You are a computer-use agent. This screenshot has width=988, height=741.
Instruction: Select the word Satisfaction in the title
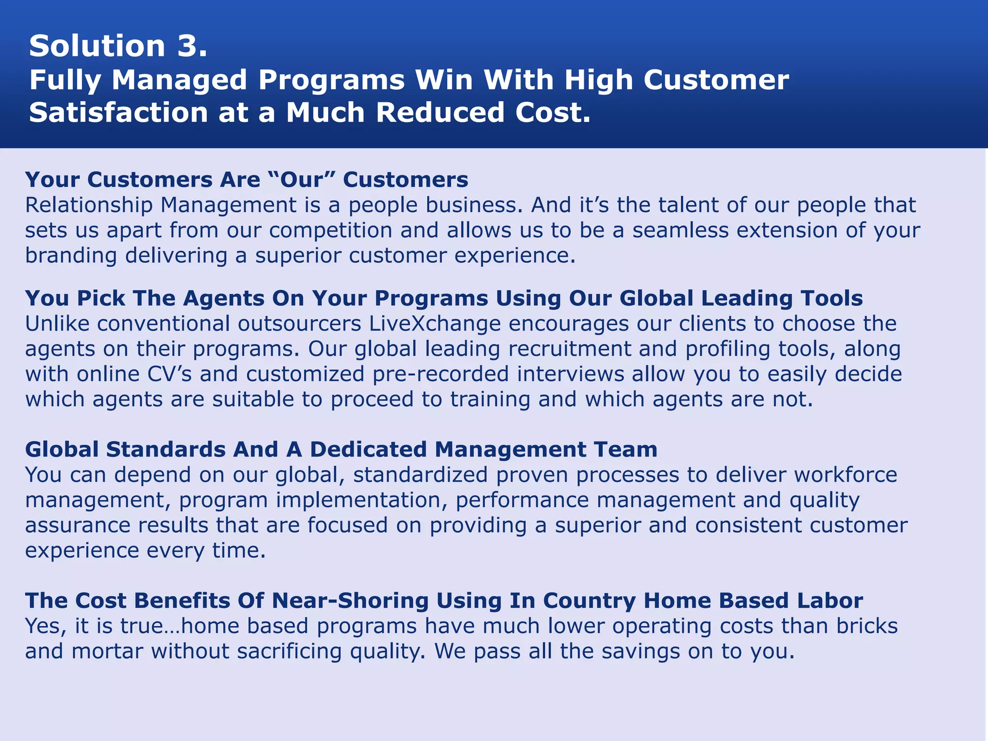[119, 113]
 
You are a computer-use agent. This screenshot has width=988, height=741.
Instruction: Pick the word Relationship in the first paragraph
[89, 205]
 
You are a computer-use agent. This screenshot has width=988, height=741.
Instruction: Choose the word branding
[71, 256]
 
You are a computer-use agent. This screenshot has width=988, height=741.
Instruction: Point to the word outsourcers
[300, 324]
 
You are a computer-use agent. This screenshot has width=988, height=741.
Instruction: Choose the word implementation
[362, 500]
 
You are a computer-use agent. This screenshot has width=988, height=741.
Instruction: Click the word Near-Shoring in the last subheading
[350, 601]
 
